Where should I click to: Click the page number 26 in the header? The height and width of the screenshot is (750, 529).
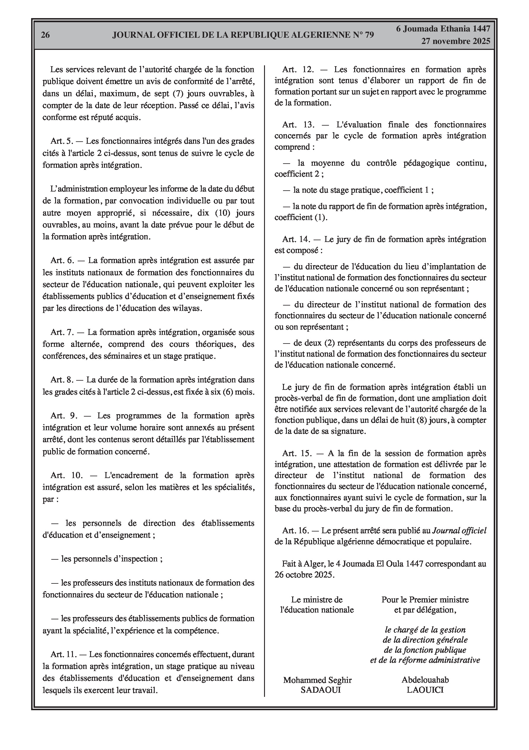tap(45, 35)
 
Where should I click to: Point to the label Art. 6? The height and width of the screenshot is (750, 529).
tap(62, 260)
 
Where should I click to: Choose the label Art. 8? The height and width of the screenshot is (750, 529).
tap(62, 379)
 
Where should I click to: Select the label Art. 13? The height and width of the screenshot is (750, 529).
tap(298, 124)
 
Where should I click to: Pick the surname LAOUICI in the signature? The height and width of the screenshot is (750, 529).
tap(425, 690)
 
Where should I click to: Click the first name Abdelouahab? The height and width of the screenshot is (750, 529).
tap(425, 680)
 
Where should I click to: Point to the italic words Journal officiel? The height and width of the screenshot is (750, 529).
tap(459, 531)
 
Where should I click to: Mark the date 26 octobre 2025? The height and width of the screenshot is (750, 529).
tap(304, 575)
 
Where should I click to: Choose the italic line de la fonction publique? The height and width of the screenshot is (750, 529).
tap(425, 650)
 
